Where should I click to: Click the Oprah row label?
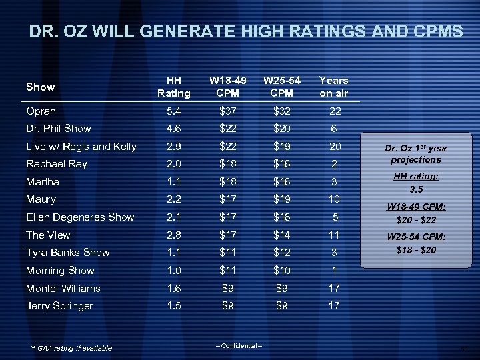tap(41, 111)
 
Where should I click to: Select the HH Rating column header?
tap(173, 87)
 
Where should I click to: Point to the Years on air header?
tap(333, 87)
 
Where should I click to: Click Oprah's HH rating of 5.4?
tap(173, 111)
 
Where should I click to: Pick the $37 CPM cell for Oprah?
tap(225, 111)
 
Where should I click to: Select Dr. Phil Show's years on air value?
tap(333, 129)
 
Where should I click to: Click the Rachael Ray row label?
tap(57, 164)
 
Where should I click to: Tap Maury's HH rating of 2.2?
tap(173, 199)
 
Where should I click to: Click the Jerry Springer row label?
tap(59, 306)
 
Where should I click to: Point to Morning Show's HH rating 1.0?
tap(173, 270)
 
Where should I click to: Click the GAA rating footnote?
tap(73, 348)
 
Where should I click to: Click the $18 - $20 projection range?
tap(415, 250)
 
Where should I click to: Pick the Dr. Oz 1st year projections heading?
tap(415, 154)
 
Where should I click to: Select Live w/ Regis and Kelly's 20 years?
tap(333, 146)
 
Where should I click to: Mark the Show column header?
tap(40, 87)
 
